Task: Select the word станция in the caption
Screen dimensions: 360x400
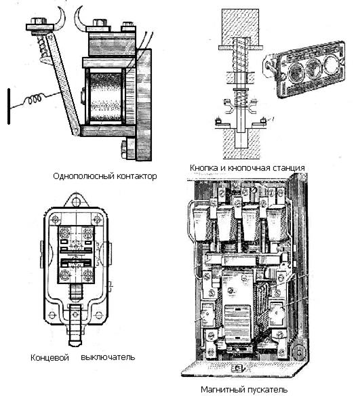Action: click(287, 168)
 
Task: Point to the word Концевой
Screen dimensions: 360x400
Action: click(49, 357)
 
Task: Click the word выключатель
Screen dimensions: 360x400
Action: click(108, 357)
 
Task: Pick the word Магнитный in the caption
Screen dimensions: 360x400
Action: click(221, 390)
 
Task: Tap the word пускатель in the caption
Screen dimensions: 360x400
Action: click(266, 390)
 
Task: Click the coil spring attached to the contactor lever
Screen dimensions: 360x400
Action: click(34, 99)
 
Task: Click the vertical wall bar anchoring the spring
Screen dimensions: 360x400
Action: click(9, 106)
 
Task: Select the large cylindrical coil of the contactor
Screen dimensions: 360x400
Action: click(105, 97)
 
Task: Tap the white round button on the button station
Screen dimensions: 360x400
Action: click(331, 62)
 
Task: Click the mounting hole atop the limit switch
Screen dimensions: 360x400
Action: click(76, 203)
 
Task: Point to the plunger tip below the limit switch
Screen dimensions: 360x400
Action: click(75, 341)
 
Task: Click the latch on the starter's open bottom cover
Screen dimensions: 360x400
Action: click(238, 368)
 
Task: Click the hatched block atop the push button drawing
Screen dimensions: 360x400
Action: click(240, 28)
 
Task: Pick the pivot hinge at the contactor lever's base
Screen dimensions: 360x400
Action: click(76, 132)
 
